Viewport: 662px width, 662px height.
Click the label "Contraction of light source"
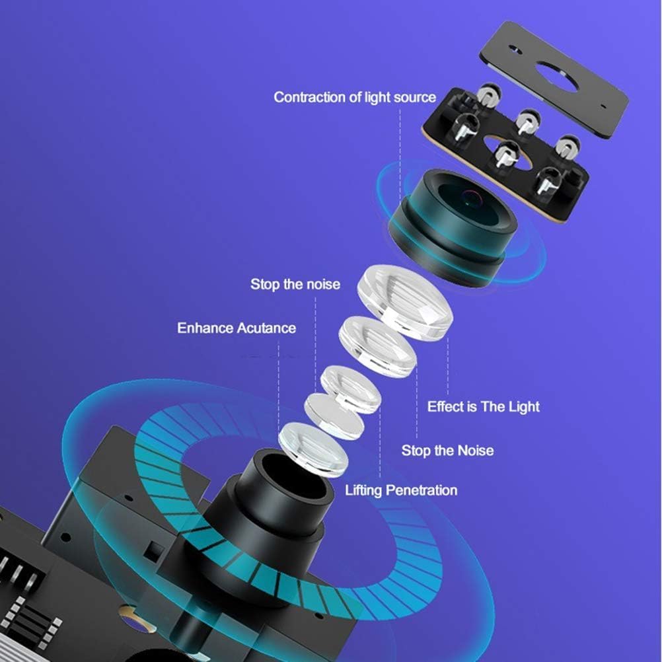[355, 98]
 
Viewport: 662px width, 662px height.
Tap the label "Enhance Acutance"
[237, 328]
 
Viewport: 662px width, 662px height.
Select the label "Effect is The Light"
[484, 406]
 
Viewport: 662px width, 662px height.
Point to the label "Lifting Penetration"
[401, 490]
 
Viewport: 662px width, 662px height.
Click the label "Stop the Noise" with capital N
[447, 451]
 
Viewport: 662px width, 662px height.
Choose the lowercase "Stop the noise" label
[295, 284]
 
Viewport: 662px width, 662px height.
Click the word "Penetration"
[422, 490]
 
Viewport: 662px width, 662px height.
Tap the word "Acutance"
[266, 328]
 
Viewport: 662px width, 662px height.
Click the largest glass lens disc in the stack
[405, 302]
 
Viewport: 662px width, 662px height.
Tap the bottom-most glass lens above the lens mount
[313, 447]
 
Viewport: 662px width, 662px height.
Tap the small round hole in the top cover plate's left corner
[515, 50]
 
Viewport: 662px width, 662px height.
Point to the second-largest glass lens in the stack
[378, 347]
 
